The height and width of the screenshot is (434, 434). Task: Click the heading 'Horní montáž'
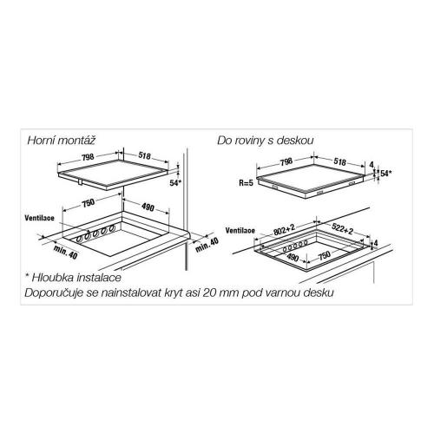click(x=61, y=141)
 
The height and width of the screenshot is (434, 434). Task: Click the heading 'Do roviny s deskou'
click(x=266, y=141)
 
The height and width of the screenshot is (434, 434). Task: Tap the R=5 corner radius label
click(x=246, y=183)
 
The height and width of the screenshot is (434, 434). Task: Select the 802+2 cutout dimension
click(x=284, y=230)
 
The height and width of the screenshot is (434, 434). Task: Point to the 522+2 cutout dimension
click(x=342, y=228)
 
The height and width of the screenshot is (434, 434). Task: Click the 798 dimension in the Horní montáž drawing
click(x=88, y=157)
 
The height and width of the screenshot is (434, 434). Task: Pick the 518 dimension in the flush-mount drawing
click(x=339, y=161)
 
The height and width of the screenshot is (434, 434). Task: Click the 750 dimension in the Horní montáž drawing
click(x=89, y=203)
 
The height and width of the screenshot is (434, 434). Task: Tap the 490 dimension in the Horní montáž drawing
click(x=148, y=207)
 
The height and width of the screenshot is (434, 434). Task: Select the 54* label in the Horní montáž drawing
click(x=175, y=183)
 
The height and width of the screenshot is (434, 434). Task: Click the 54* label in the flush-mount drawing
click(x=386, y=174)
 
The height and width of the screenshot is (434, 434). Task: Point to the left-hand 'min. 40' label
click(x=66, y=252)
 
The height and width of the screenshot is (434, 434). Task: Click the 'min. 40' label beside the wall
click(x=207, y=245)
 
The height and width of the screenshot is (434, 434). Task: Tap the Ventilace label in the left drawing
click(x=39, y=218)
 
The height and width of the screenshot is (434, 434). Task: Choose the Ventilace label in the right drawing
click(x=240, y=231)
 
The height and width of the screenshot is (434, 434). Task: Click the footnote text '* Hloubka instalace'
click(x=73, y=278)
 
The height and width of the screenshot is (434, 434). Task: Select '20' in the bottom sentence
click(x=209, y=293)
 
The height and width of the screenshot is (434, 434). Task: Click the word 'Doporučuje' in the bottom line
click(x=54, y=293)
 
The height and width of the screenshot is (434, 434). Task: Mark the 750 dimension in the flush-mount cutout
click(x=325, y=255)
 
